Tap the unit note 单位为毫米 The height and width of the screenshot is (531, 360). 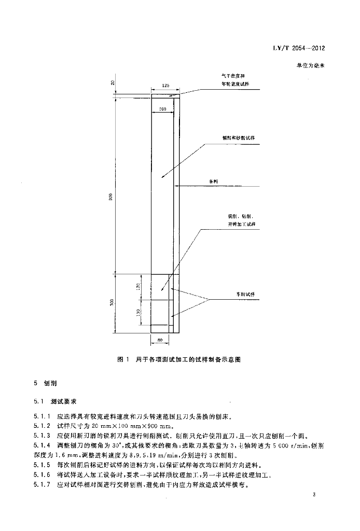tap(310, 66)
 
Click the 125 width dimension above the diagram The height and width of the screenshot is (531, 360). tap(165, 85)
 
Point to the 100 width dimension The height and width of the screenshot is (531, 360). tap(162, 109)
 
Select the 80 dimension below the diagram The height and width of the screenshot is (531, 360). tap(159, 340)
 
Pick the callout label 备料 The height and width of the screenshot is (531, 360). tap(212, 182)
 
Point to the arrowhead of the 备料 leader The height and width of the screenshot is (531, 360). tap(177, 186)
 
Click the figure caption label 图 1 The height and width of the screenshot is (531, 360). tap(123, 359)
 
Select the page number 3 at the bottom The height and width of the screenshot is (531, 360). tap(314, 496)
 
